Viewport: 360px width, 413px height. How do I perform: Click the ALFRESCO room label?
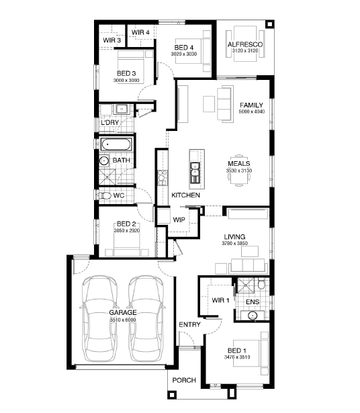[x=245, y=44]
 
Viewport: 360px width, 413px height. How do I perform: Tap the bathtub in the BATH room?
[x=116, y=144]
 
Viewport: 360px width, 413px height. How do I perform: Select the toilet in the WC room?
[x=105, y=195]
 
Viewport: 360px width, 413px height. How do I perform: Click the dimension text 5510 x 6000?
[x=123, y=320]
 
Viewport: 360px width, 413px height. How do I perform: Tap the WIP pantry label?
[x=179, y=220]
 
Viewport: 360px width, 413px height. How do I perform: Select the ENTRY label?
[x=189, y=324]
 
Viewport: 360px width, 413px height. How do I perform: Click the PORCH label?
[x=184, y=380]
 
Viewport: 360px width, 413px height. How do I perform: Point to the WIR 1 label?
[x=220, y=300]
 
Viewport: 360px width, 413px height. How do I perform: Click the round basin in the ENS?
[x=253, y=315]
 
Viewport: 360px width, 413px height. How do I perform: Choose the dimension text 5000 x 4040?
[x=252, y=111]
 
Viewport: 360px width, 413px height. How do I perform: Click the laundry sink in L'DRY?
[x=122, y=109]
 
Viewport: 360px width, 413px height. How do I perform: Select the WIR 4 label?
[x=140, y=32]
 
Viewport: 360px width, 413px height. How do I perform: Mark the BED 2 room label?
[x=126, y=224]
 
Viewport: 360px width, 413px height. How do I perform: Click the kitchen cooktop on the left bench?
[x=163, y=178]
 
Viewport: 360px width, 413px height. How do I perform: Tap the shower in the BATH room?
[x=107, y=177]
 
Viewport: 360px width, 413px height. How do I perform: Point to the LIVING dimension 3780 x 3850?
[x=234, y=243]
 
